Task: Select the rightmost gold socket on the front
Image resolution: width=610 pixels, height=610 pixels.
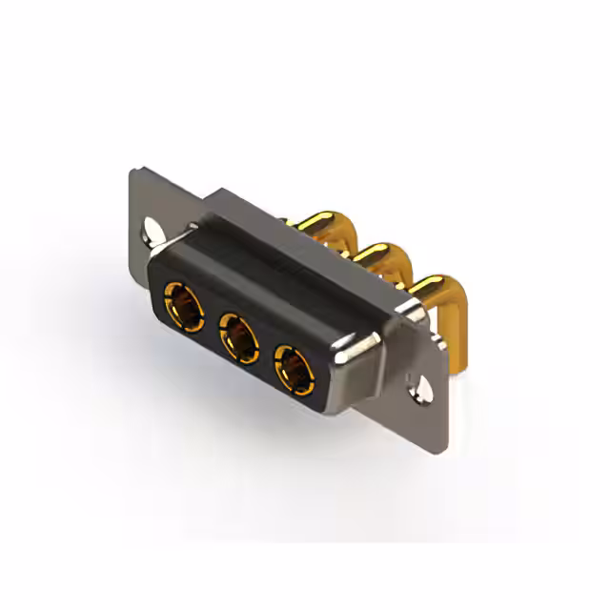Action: [293, 367]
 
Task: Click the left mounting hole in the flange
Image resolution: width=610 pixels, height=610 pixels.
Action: [152, 232]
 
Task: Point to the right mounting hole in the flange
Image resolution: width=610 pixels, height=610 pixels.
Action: [418, 388]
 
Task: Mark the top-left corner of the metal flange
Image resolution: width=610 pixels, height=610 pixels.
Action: [134, 172]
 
